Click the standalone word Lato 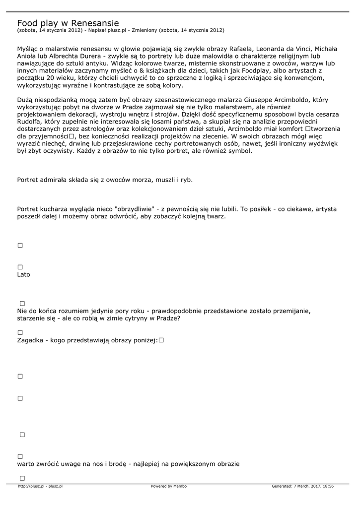23,274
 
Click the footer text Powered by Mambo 169,486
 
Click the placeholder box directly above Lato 20,267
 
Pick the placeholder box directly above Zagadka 20,332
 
